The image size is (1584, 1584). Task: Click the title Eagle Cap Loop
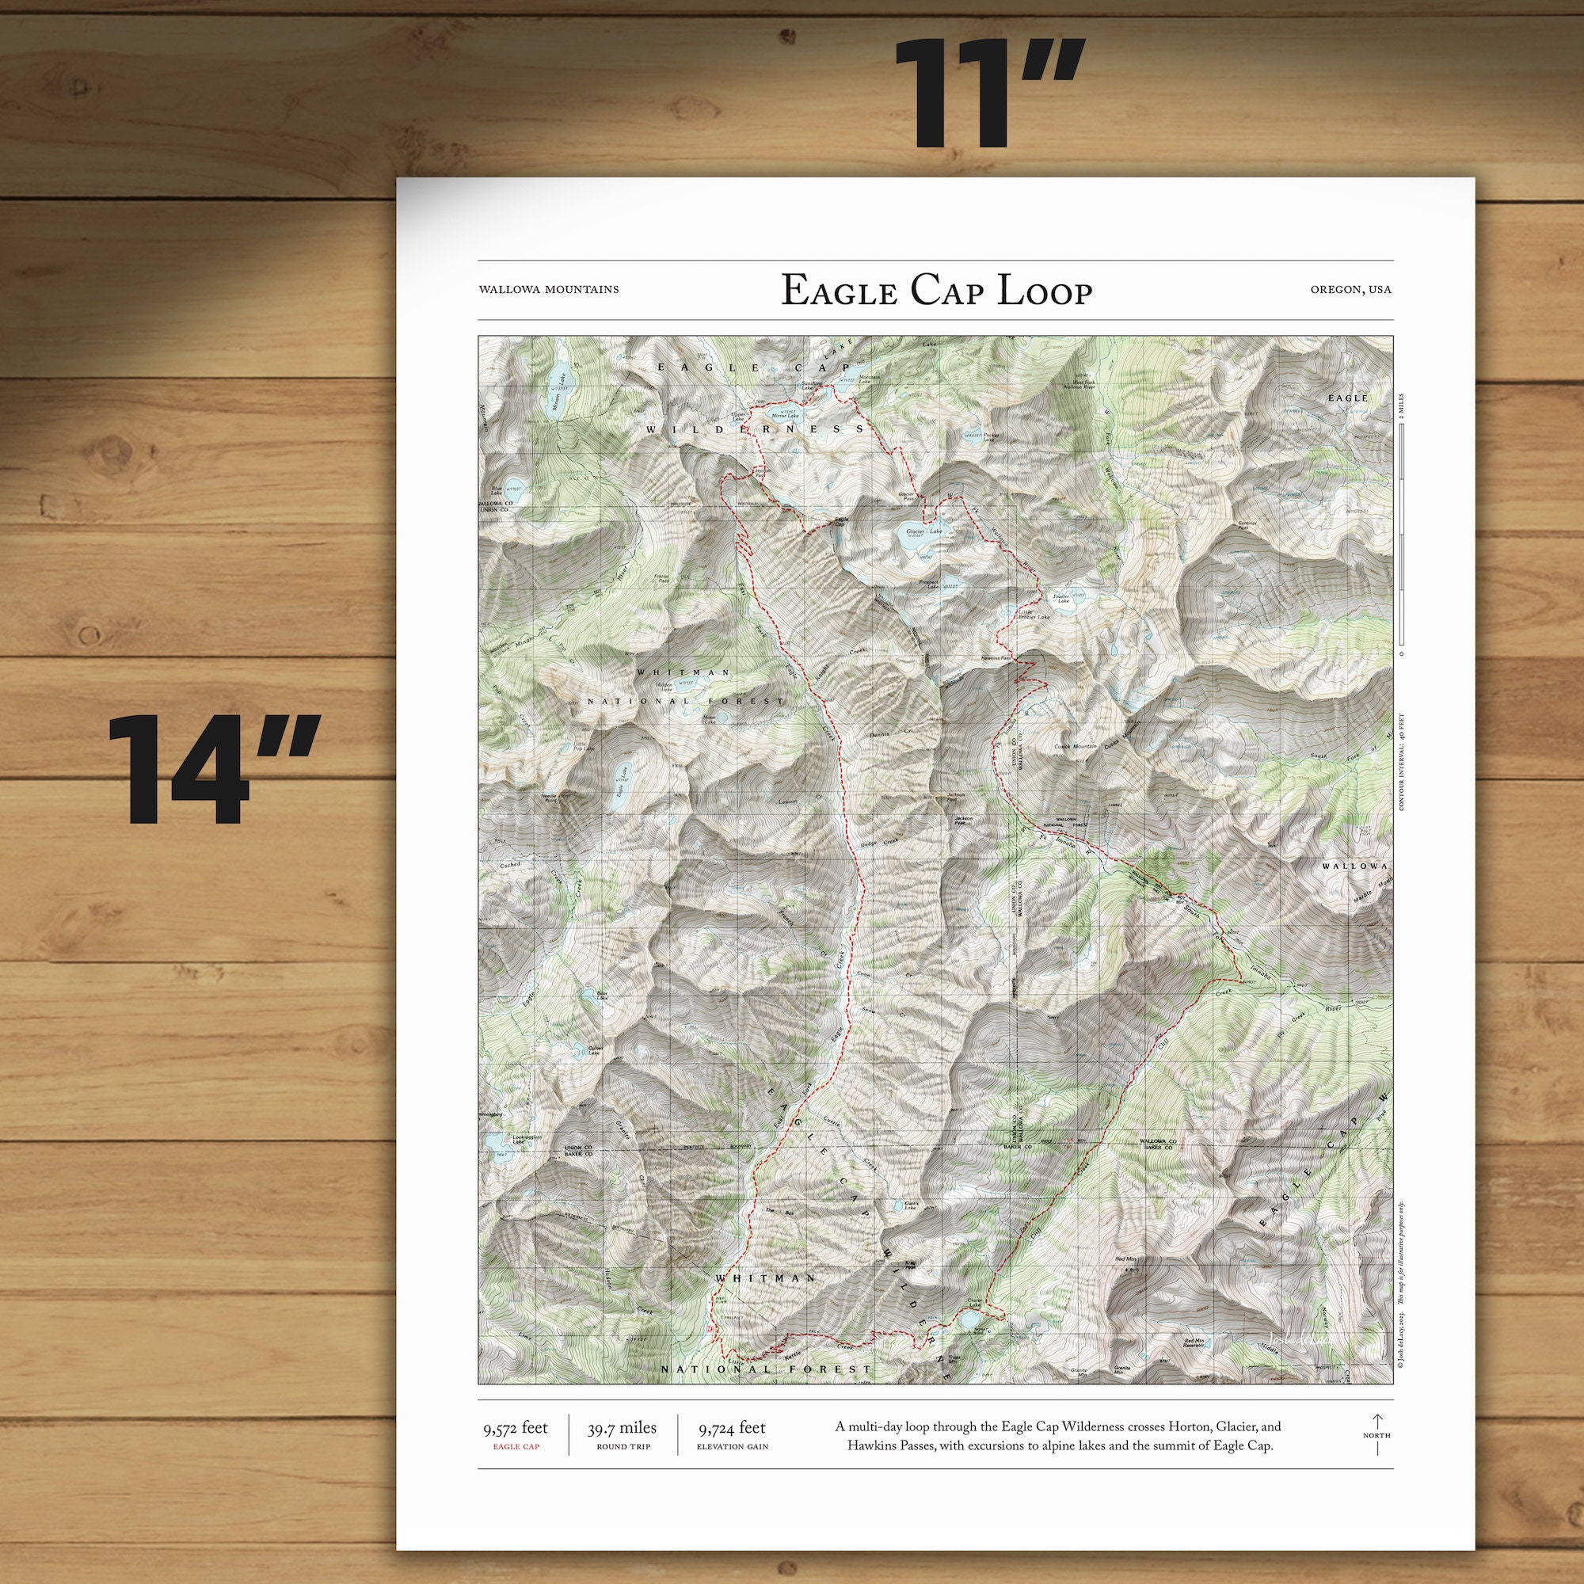(x=935, y=290)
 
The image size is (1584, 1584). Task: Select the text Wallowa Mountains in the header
(x=548, y=289)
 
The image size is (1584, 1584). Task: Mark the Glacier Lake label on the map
(x=924, y=531)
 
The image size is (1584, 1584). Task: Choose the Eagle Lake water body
(x=625, y=785)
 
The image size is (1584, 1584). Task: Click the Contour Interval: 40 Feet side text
(x=1401, y=762)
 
